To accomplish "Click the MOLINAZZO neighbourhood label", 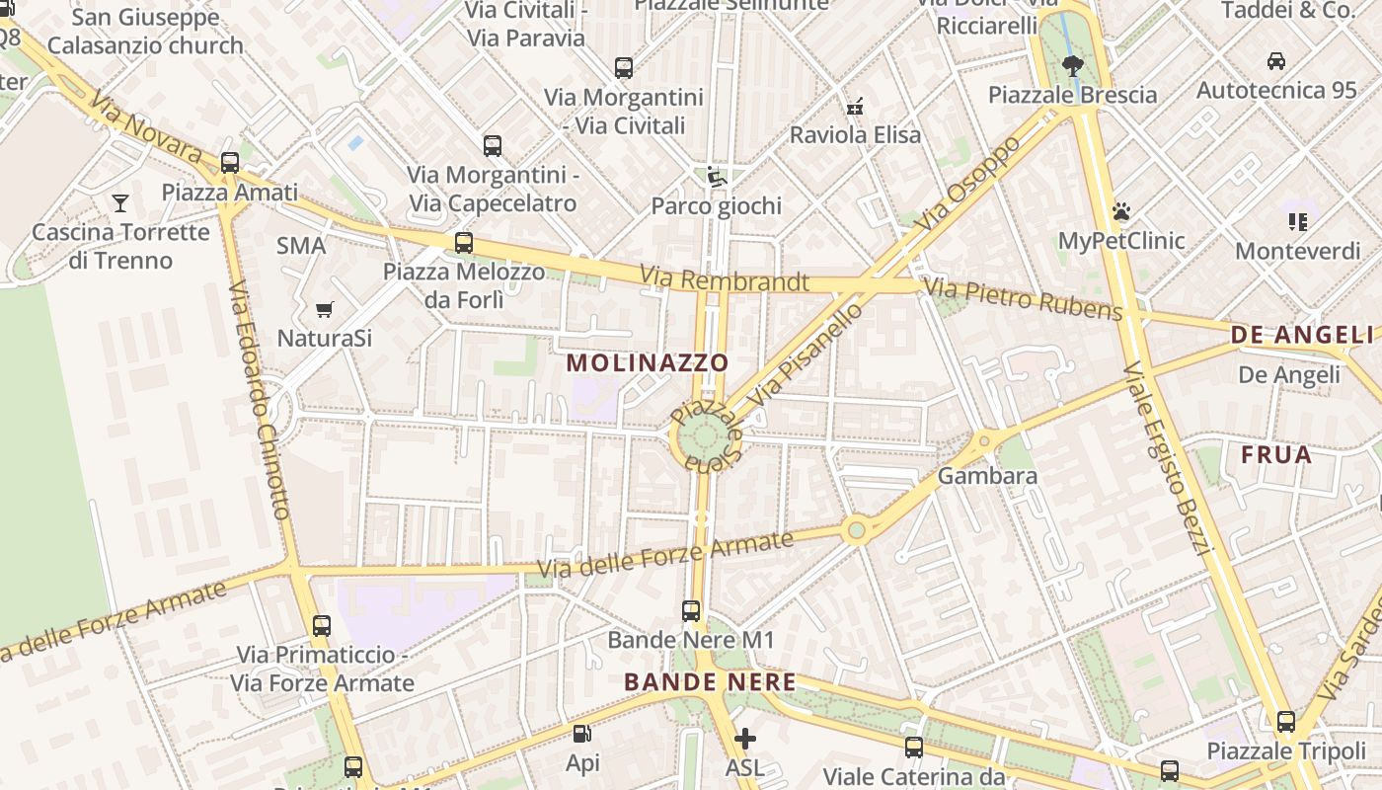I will [x=648, y=362].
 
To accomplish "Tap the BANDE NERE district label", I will [x=710, y=682].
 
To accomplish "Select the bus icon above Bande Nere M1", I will [x=691, y=611].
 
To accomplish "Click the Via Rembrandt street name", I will [x=725, y=279].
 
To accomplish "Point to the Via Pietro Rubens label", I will [x=1023, y=299].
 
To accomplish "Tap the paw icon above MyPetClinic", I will [x=1120, y=211].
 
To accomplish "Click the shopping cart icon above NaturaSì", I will [x=324, y=309].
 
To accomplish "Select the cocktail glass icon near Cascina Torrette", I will [x=120, y=203].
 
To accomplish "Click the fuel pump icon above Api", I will [x=582, y=734].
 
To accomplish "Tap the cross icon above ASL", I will [x=745, y=738].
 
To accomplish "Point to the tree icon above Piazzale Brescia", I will [x=1072, y=66].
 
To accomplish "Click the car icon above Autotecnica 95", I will [x=1275, y=61].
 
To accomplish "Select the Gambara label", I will [x=987, y=476].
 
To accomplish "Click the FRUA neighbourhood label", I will [x=1276, y=455].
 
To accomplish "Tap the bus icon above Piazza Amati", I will [x=230, y=163].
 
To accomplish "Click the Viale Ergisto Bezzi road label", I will [x=1166, y=459].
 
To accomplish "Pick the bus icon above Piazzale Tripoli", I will [x=1285, y=722].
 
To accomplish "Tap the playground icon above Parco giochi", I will [x=716, y=178].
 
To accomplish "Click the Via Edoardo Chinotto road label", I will [x=259, y=400].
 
